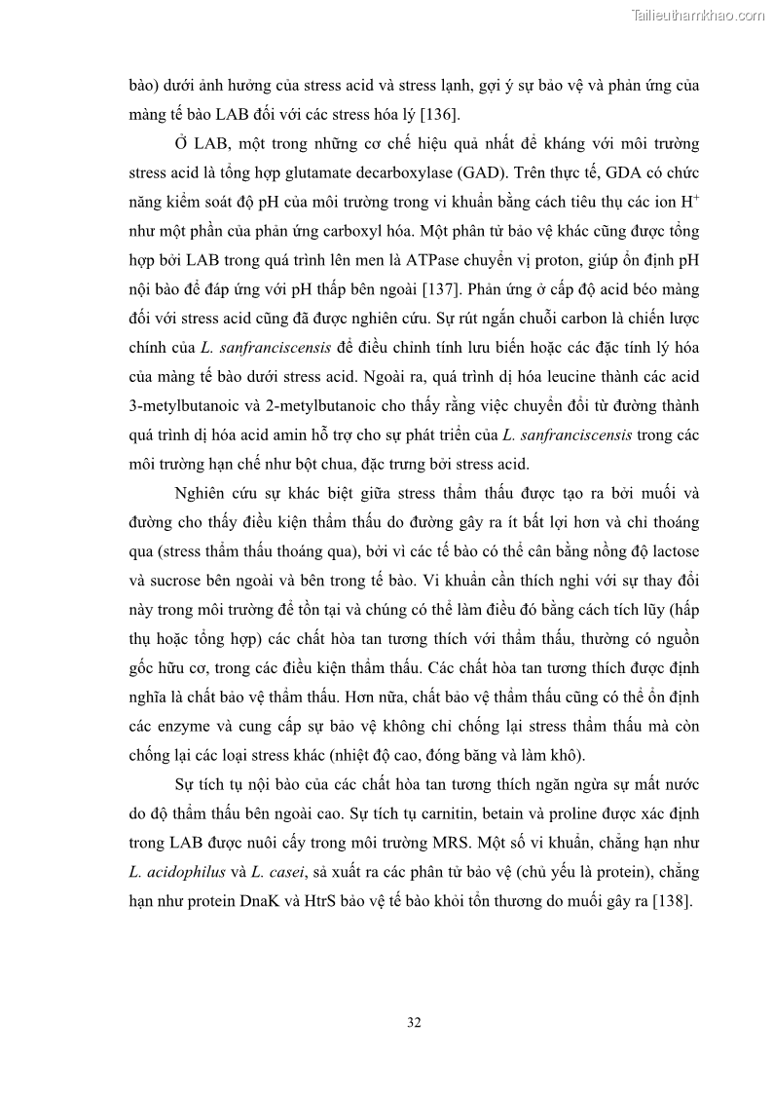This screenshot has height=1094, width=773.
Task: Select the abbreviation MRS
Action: coord(455,842)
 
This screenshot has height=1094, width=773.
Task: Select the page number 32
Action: coord(414,1022)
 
